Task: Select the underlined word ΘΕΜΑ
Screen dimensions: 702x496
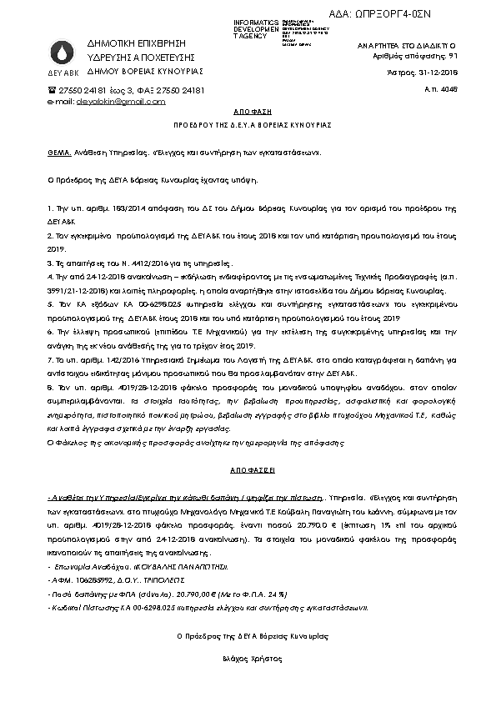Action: tap(59, 153)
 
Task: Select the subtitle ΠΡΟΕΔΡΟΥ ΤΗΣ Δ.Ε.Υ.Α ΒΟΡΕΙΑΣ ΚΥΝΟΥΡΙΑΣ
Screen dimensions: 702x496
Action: tap(248, 124)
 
